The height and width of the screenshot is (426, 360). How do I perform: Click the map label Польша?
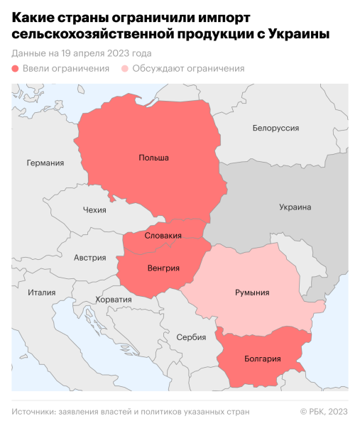tap(153, 158)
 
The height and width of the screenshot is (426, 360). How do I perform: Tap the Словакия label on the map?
tap(163, 235)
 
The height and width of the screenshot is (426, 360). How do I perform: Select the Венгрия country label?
tap(164, 268)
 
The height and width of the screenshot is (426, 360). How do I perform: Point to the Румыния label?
tap(251, 292)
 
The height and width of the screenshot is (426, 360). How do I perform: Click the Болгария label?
tap(263, 359)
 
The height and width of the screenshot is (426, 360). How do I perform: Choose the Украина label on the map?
tap(295, 207)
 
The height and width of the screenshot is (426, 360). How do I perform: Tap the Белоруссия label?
tap(276, 128)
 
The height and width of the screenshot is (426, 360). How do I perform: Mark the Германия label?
tap(45, 163)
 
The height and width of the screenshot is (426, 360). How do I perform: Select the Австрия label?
tap(90, 258)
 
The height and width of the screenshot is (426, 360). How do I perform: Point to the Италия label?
tap(41, 293)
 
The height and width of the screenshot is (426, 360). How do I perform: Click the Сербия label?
tap(191, 337)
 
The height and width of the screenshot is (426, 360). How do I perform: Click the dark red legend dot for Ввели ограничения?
tap(16, 69)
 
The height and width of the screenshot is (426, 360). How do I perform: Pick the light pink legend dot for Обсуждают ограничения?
tap(126, 69)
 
